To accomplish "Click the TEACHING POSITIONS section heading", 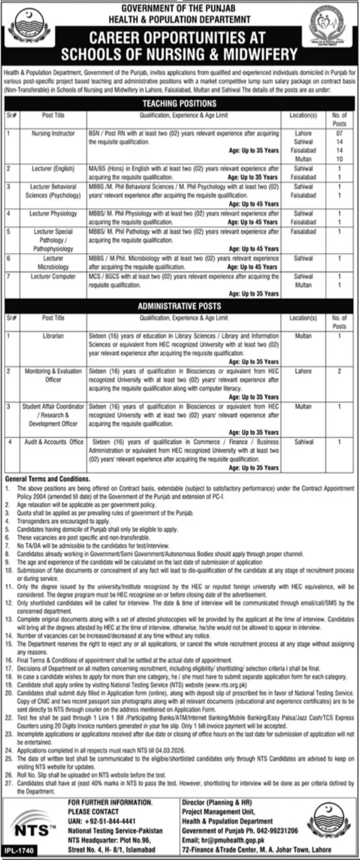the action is (x=180, y=104).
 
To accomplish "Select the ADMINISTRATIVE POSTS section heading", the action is (x=180, y=305).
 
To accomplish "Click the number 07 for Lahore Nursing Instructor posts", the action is (x=339, y=130).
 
